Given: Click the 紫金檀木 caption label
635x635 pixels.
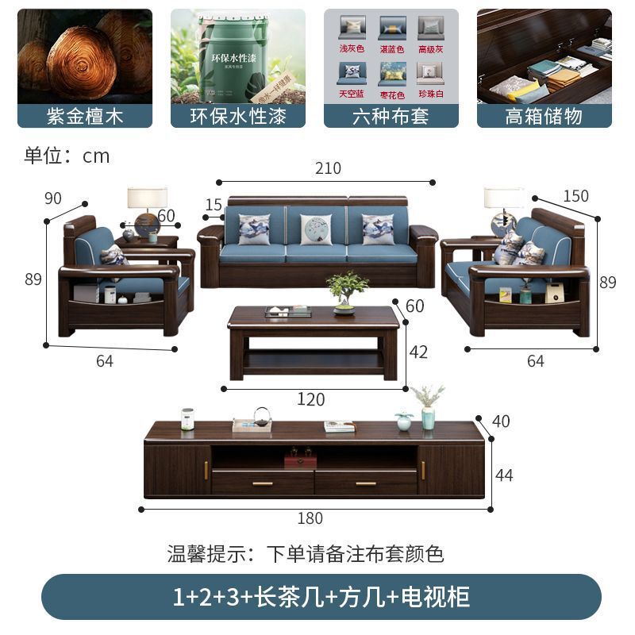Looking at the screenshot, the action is pos(85,116).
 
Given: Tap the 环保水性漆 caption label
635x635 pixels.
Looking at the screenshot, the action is pos(238,116).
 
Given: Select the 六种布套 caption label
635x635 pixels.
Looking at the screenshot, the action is pos(391,116).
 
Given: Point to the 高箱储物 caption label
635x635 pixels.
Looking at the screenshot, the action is pos(544,116).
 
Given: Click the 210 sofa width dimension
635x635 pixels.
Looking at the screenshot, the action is pos(328,168).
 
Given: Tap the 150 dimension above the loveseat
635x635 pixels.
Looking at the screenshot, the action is pos(575,196).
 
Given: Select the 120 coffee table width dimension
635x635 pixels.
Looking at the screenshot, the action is pos(310,399).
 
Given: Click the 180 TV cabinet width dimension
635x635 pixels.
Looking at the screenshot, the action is pos(310,518).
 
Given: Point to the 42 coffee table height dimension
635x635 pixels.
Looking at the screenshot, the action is pos(418,352).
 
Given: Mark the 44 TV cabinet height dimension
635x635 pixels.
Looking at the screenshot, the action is pos(504,475).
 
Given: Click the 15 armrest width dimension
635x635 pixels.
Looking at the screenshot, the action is pos(214,205).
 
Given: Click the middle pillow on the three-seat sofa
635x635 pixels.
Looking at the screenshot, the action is pos(316,229).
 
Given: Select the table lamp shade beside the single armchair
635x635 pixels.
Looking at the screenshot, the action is pos(148,198).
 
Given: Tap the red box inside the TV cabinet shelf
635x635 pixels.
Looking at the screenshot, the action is pos(300,459).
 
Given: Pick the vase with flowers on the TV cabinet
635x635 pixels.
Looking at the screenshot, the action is pos(428,406).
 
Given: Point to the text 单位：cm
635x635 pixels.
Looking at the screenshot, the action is pos(67,156).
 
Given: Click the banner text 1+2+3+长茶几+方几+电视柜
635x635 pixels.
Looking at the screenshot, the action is pos(321,597).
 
